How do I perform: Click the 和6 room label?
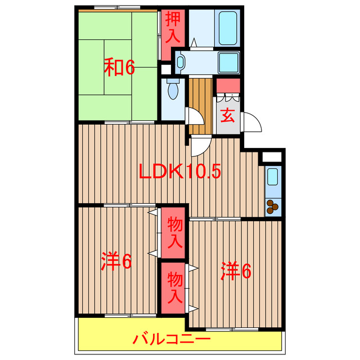(x=119, y=67)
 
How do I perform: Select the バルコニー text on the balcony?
(x=172, y=340)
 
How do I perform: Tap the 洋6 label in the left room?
(x=116, y=262)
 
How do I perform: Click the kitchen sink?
(x=272, y=178)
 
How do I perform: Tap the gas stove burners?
(x=272, y=206)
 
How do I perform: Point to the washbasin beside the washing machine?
(x=181, y=61)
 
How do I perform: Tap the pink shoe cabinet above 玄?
(x=228, y=86)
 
